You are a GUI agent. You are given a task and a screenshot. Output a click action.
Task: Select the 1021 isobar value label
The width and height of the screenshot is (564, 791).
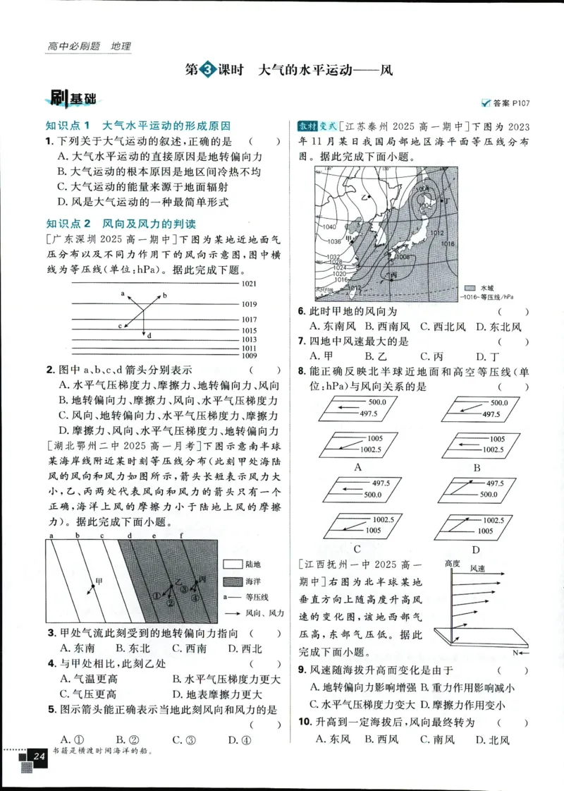[x=269, y=284]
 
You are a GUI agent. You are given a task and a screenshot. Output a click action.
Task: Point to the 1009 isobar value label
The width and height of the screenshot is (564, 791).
[x=269, y=356]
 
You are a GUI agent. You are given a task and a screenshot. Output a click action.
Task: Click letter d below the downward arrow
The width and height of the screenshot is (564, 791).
[x=149, y=335]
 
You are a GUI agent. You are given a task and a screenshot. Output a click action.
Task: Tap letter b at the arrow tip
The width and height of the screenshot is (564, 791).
[x=164, y=297]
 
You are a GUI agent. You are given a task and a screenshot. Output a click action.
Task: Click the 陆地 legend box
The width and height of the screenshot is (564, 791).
[x=232, y=564]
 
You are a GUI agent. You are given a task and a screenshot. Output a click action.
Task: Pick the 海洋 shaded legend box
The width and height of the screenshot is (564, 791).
[x=232, y=581]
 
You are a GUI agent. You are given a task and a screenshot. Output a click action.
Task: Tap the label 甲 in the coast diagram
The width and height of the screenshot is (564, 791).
[x=99, y=580]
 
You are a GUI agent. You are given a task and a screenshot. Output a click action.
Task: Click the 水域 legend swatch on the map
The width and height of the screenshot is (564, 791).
[x=470, y=288]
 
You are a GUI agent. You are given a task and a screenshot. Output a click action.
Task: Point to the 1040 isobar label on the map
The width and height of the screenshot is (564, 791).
[x=329, y=227]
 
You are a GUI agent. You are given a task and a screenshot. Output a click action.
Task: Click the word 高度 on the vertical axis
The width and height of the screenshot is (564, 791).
[x=453, y=563]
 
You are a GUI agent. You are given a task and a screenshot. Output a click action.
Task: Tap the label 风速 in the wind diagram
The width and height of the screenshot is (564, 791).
[x=477, y=568]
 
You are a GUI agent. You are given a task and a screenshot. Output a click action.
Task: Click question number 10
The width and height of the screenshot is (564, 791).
[x=305, y=722]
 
